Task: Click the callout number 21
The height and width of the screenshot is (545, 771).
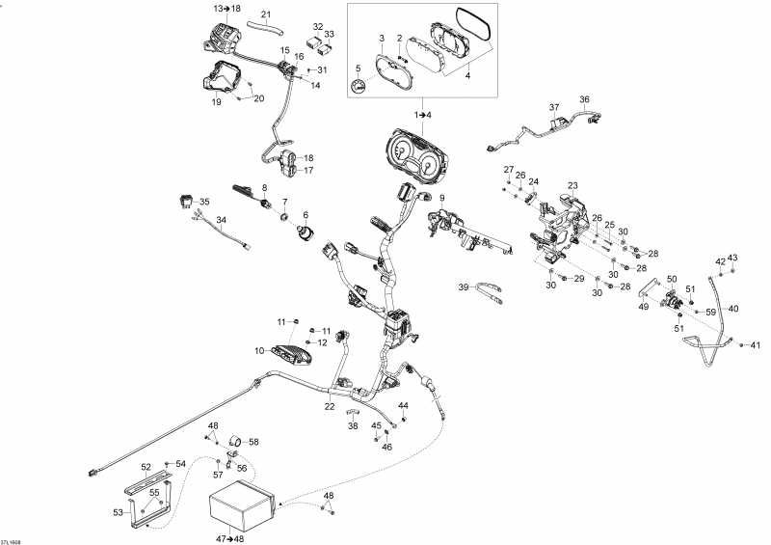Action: pyautogui.click(x=266, y=14)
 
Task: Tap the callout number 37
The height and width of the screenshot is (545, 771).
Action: pyautogui.click(x=554, y=107)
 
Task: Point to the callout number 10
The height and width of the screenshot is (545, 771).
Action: pyautogui.click(x=259, y=350)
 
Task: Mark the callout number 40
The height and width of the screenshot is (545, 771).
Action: pyautogui.click(x=733, y=309)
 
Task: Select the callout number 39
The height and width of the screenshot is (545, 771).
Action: pyautogui.click(x=463, y=287)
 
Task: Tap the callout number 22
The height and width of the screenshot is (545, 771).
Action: pyautogui.click(x=330, y=406)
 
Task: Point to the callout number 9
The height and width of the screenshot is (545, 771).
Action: pyautogui.click(x=442, y=199)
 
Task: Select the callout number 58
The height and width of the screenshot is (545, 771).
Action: pyautogui.click(x=254, y=442)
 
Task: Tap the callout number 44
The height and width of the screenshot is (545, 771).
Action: pyautogui.click(x=404, y=405)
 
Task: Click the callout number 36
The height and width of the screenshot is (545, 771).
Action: pyautogui.click(x=584, y=99)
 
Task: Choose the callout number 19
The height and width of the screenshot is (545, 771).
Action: pyautogui.click(x=217, y=101)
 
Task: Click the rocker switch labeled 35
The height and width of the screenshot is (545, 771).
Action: pyautogui.click(x=185, y=200)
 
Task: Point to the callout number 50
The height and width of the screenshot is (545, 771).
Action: pyautogui.click(x=672, y=279)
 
